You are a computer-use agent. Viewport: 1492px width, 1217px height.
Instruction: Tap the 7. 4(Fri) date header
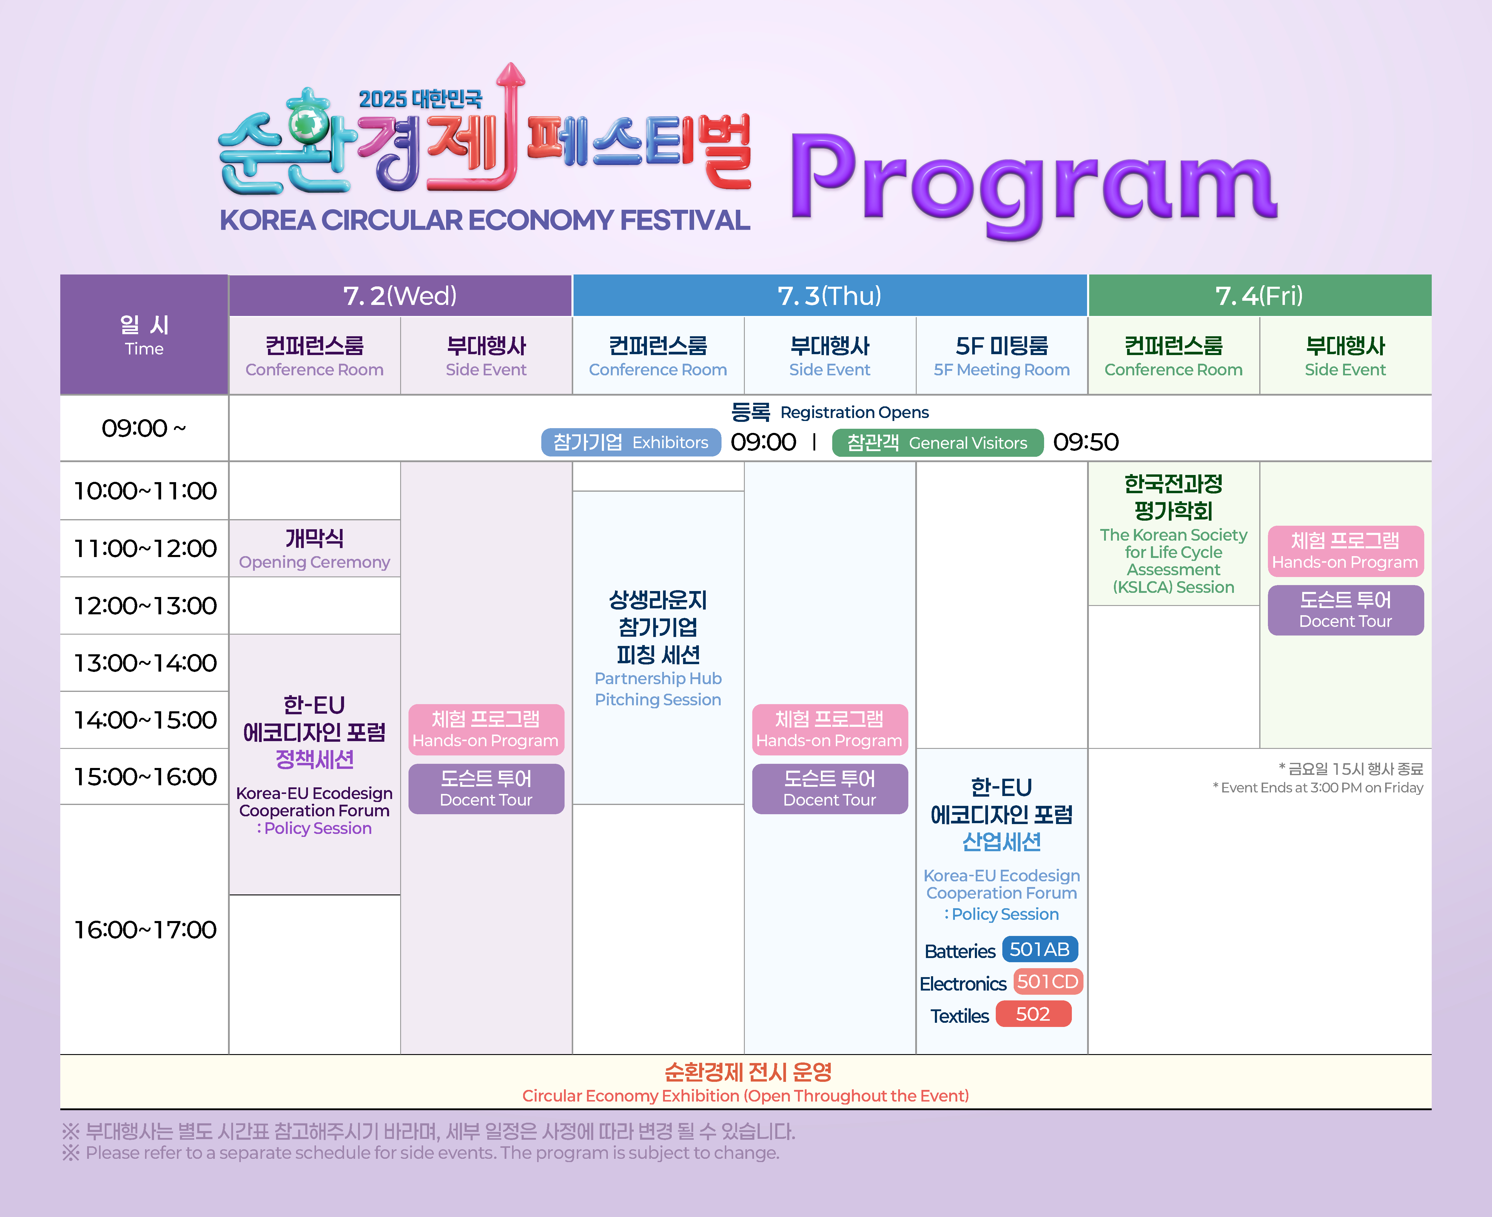1259,295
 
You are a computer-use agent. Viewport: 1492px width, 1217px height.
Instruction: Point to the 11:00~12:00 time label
145,548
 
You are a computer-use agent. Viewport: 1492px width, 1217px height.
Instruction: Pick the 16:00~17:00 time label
145,930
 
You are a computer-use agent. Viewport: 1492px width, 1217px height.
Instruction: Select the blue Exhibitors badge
631,442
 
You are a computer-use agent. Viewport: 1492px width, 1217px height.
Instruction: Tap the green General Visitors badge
937,442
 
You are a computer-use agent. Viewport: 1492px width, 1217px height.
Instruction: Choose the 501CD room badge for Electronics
1047,982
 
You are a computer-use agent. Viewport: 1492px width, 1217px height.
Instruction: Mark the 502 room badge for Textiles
1033,1014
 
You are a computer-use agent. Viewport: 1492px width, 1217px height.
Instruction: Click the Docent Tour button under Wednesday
486,789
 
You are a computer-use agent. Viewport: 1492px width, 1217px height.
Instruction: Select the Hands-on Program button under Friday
1345,551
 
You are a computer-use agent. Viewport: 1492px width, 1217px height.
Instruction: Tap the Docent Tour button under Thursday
830,789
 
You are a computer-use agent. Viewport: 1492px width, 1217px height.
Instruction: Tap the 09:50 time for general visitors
1086,442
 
